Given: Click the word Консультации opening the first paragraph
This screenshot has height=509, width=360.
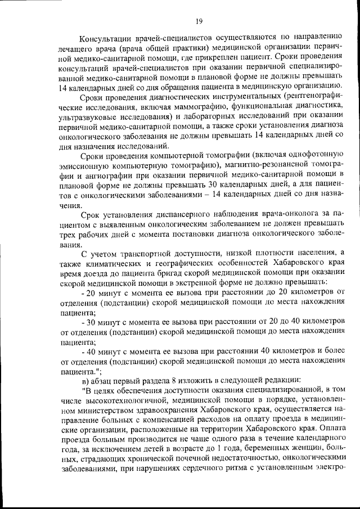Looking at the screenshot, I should (107, 38).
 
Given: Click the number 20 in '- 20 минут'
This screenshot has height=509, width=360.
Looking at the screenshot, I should (92, 292).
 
